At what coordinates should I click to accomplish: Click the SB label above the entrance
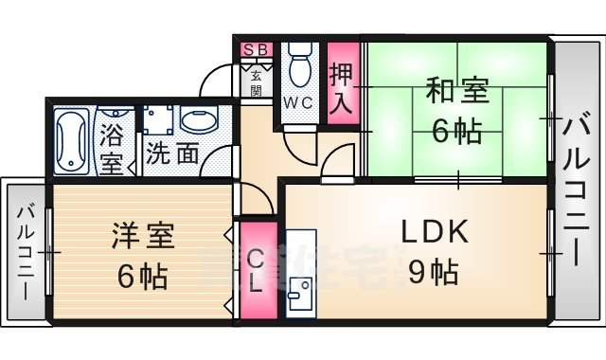pos(256,49)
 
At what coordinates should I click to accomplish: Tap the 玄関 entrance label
pos(256,83)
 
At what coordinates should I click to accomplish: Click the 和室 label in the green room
pos(458,94)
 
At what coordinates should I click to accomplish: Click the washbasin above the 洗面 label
pos(198,121)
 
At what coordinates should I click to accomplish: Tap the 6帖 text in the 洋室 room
pos(143,276)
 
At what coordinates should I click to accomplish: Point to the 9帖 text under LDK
pos(434,273)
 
